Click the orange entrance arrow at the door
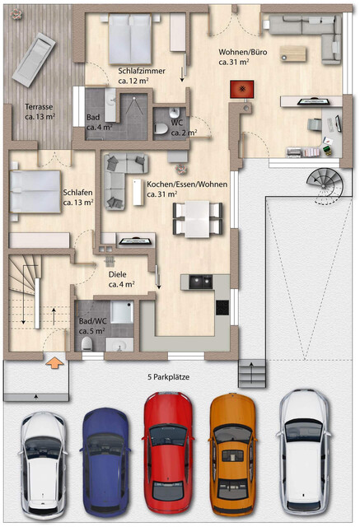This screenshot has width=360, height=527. point(55,360)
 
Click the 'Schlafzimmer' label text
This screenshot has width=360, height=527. point(142,71)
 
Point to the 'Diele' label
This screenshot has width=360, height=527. point(118,275)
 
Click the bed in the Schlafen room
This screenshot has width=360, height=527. point(35,187)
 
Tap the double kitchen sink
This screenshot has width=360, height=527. point(199,282)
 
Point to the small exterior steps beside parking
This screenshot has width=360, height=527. point(253,375)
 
